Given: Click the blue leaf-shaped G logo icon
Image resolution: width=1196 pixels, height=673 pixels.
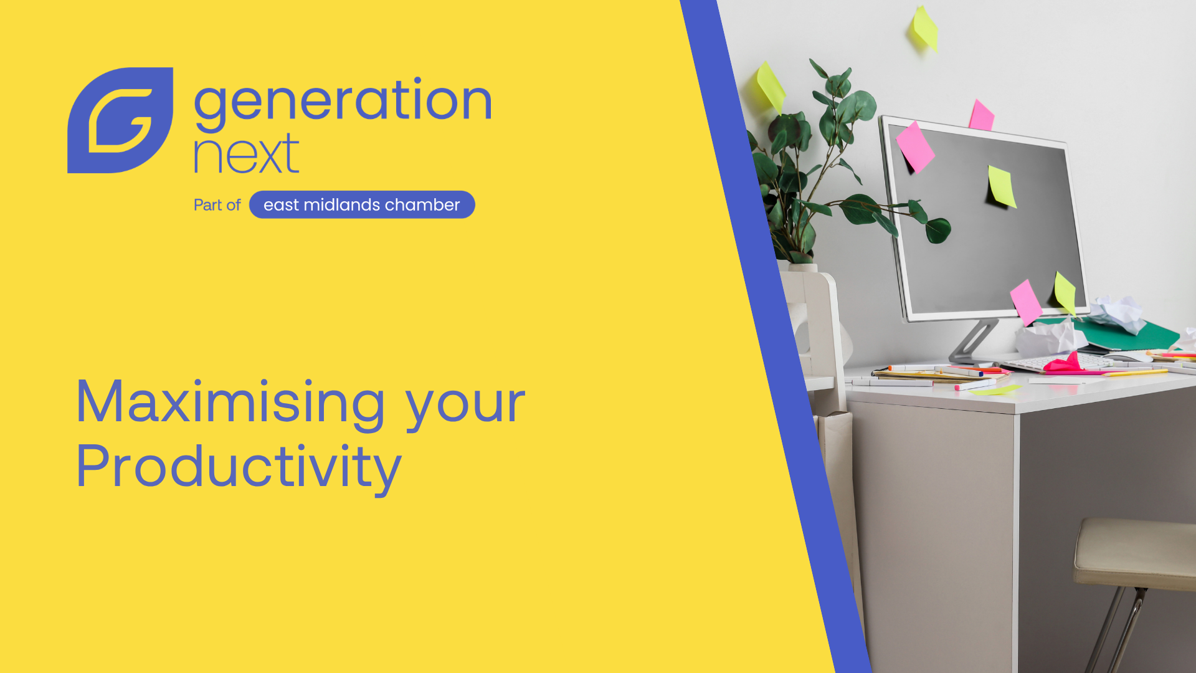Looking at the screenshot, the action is (x=120, y=120).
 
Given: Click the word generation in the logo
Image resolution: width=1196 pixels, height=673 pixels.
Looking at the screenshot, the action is (x=343, y=103).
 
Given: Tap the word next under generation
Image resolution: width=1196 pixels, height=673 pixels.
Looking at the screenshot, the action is (x=247, y=153).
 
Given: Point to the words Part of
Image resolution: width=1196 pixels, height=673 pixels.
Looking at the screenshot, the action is (x=217, y=205).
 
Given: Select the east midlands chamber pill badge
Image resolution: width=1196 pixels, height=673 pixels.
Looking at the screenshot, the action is (x=362, y=204).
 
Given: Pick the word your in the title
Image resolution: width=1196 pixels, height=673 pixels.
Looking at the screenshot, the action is (x=466, y=408).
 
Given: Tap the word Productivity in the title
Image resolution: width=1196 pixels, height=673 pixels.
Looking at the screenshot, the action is (x=239, y=468).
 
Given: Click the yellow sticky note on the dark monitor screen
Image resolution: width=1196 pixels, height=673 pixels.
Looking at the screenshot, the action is (x=1002, y=186).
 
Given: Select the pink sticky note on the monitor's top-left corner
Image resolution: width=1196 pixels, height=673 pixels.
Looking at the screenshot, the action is (x=915, y=146).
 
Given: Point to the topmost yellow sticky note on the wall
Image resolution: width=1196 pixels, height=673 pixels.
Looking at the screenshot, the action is (x=925, y=27).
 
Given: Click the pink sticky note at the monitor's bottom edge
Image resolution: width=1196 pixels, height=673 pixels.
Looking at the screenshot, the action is (x=1026, y=302).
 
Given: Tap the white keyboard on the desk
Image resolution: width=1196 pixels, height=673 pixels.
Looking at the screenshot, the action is (x=1059, y=363).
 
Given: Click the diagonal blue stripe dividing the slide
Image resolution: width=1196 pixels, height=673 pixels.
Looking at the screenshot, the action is (x=776, y=336).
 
